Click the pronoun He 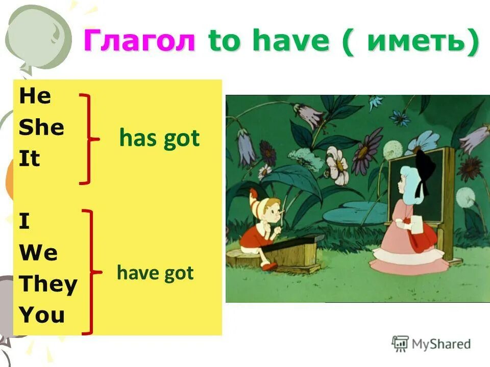tap(35, 96)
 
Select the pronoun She tap(42, 127)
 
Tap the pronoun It tap(29, 159)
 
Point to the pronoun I tap(24, 222)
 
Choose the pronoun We tap(38, 253)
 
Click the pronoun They tap(48, 284)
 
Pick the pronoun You tap(42, 316)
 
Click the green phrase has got tap(159, 139)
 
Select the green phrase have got tap(155, 273)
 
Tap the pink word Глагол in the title tap(139, 41)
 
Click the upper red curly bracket tap(89, 138)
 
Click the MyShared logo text tap(440, 344)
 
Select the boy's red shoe tap(268, 265)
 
